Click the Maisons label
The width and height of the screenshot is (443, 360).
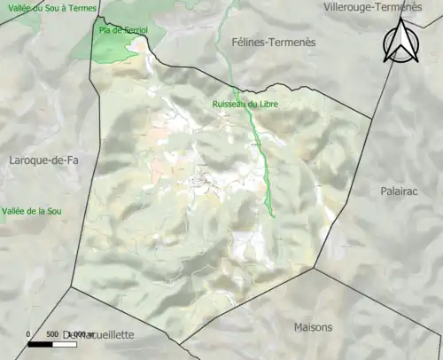[314, 327]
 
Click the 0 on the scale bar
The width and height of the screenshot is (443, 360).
[28, 334]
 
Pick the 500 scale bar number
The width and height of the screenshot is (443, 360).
[51, 334]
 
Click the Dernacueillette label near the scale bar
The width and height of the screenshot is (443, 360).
[97, 334]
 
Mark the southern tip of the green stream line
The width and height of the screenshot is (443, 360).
[273, 216]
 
